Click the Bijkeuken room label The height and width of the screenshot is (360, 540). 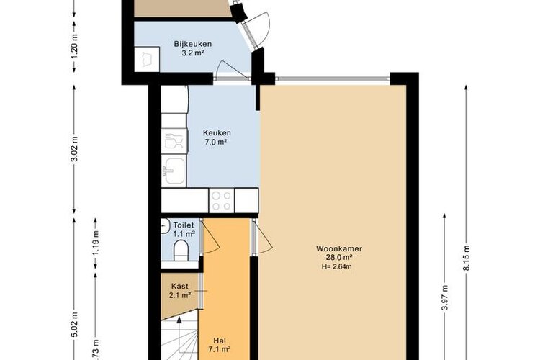[192, 44]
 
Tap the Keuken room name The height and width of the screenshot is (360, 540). [217, 132]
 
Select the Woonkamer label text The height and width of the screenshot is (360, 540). [339, 248]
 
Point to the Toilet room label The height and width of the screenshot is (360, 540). [184, 225]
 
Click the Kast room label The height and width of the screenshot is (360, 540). [180, 287]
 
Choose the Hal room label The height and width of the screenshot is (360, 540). [220, 341]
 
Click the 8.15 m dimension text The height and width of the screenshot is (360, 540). [467, 258]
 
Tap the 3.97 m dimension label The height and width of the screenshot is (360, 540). [445, 298]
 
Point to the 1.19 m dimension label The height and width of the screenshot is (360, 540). [96, 243]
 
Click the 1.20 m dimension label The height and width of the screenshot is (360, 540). [75, 46]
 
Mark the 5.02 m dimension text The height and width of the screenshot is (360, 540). [75, 325]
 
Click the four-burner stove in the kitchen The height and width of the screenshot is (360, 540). [221, 200]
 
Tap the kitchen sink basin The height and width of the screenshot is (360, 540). [174, 171]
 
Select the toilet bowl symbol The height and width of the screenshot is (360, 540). [181, 250]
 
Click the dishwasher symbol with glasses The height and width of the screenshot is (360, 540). [174, 141]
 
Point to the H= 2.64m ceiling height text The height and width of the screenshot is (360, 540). [336, 266]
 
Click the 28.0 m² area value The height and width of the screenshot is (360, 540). [339, 257]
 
